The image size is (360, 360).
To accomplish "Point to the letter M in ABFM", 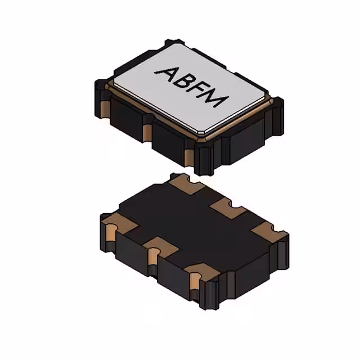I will coord(218,100).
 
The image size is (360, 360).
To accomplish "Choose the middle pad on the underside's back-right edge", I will coord(228,210).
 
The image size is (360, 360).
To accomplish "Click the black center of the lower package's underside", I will coord(191,225).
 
